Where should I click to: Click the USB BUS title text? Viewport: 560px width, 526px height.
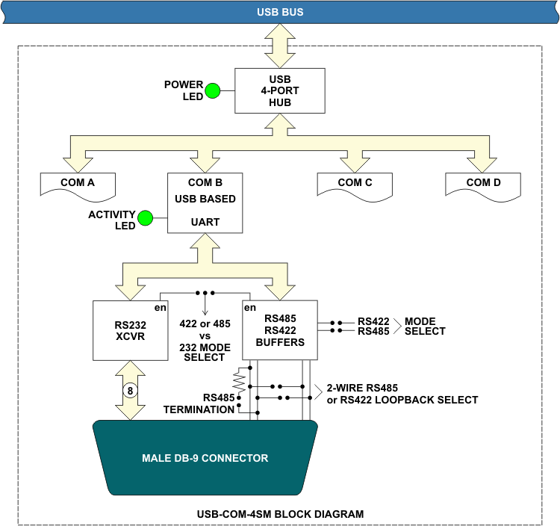[280, 12]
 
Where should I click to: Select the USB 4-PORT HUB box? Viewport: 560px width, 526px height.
[280, 90]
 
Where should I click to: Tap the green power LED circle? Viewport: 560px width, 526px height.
[213, 90]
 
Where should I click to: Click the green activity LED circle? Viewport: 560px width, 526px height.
[146, 218]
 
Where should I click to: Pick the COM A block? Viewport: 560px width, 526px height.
[78, 186]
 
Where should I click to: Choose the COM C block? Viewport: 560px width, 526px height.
[355, 186]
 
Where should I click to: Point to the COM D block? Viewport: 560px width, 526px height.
[483, 186]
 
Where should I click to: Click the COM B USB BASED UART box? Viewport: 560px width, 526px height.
[205, 203]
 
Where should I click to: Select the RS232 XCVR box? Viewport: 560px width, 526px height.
[131, 330]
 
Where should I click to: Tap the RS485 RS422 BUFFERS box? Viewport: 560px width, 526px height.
[280, 330]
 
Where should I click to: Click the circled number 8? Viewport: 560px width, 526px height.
[131, 391]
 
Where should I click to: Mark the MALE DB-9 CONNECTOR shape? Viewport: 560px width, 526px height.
[205, 458]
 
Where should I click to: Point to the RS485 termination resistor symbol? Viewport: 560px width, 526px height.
[239, 381]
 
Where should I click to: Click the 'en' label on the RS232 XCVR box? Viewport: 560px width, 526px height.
[161, 308]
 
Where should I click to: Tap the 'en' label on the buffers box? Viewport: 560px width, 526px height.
[250, 308]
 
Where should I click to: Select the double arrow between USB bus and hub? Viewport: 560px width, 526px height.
[280, 46]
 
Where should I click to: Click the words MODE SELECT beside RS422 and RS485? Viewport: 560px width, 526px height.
[425, 327]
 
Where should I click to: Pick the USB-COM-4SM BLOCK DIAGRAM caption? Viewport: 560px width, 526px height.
[280, 514]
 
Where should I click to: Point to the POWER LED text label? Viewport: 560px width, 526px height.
[184, 90]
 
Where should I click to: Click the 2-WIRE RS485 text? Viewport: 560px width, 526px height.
[362, 388]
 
